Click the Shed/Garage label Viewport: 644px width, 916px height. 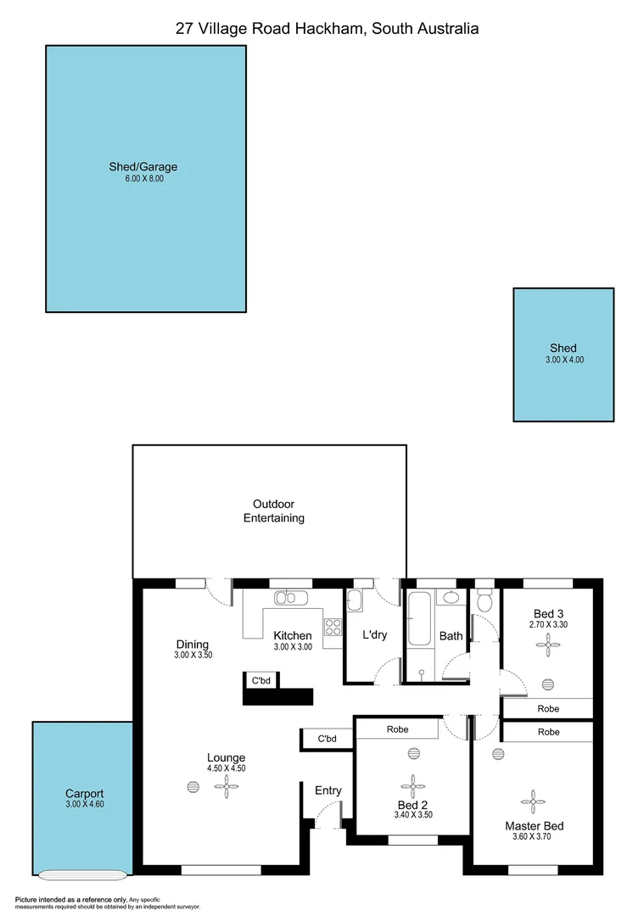click(x=143, y=167)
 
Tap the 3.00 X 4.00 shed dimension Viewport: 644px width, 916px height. click(x=564, y=360)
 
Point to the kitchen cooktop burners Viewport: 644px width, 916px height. click(x=333, y=628)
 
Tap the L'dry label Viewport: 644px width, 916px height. click(x=375, y=635)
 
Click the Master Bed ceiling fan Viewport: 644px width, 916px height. click(x=534, y=800)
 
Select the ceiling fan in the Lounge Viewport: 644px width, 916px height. click(x=227, y=788)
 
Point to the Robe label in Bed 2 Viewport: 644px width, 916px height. click(x=398, y=729)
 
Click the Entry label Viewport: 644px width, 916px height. click(x=328, y=790)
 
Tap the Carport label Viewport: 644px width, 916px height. click(x=84, y=794)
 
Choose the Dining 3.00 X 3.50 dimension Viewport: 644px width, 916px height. click(x=191, y=656)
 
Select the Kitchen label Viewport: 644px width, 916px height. click(x=292, y=635)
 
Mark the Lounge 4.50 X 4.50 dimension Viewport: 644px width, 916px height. click(x=227, y=768)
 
